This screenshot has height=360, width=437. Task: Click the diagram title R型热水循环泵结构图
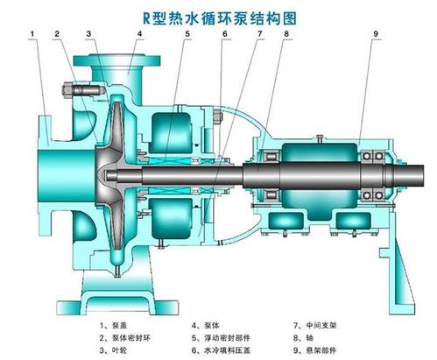[x=219, y=18]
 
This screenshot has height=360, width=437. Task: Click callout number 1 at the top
[x=32, y=34]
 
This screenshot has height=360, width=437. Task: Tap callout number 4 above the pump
[x=140, y=34]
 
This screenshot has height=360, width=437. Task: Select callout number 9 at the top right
[x=376, y=34]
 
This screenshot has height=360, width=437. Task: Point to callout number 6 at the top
[x=224, y=34]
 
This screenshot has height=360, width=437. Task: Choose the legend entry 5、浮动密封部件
[x=221, y=338]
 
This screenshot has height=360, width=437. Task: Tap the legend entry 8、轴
[x=303, y=338]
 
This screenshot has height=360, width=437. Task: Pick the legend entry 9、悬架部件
[x=315, y=350]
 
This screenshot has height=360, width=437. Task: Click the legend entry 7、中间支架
[x=315, y=325]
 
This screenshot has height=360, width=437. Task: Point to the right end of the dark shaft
[x=423, y=175]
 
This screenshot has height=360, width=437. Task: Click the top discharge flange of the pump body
[x=116, y=60]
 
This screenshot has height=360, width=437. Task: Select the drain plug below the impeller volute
[x=117, y=272]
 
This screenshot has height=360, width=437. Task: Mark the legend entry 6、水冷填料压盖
[x=221, y=350]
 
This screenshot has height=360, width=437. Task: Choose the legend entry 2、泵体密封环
[x=125, y=338]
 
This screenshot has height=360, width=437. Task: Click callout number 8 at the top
[x=286, y=34]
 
